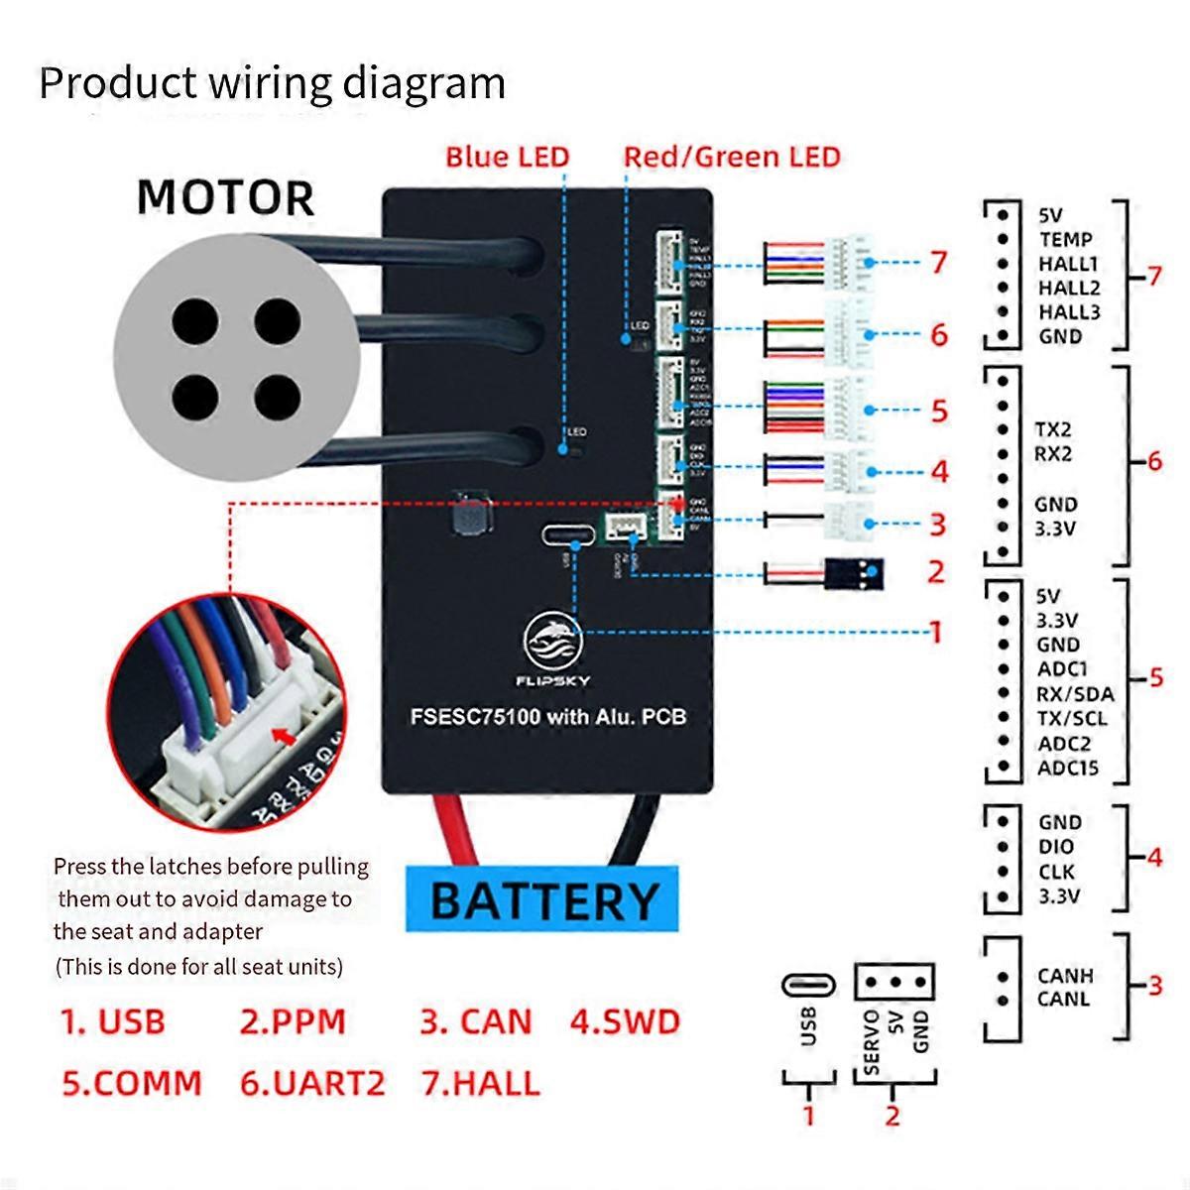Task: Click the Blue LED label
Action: tap(507, 157)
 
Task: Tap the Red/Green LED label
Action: tap(732, 157)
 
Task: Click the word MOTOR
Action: tap(226, 197)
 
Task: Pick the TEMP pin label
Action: tap(1066, 239)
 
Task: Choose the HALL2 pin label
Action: tap(1069, 288)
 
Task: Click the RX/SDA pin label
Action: tap(1075, 694)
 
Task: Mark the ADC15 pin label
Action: tap(1068, 768)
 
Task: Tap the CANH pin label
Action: tap(1065, 976)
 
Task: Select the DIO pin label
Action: tap(1056, 847)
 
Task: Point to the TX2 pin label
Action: tap(1053, 429)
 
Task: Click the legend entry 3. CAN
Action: tap(476, 1021)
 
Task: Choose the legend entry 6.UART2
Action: tap(311, 1083)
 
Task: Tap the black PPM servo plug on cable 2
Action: tap(854, 573)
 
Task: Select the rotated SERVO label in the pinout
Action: tap(872, 1041)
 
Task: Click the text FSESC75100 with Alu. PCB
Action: tap(547, 716)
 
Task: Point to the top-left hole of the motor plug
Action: tap(193, 321)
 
